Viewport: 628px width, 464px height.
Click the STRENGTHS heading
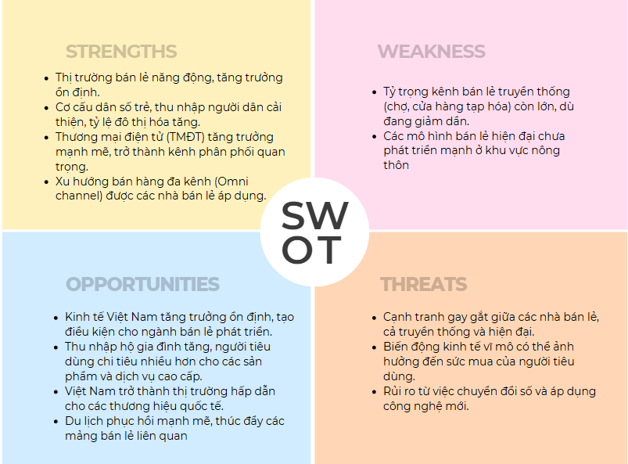(x=121, y=52)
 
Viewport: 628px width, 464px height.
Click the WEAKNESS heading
(x=431, y=52)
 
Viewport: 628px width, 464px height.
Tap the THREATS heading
(x=423, y=284)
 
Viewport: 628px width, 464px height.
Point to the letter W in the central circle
(x=330, y=216)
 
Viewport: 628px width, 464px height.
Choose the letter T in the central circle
(x=328, y=250)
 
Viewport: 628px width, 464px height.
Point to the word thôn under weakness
(x=397, y=165)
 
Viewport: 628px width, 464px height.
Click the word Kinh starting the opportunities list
(x=78, y=317)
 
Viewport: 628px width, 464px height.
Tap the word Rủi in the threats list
(x=394, y=391)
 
